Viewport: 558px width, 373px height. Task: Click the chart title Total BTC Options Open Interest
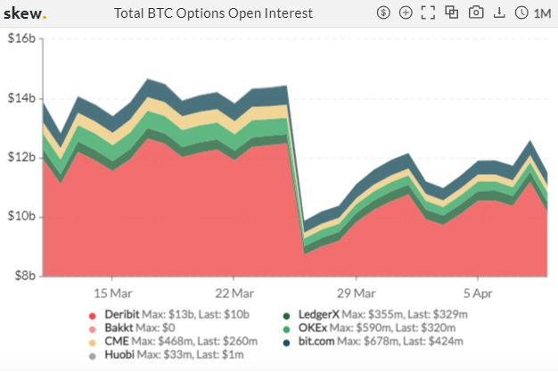(214, 13)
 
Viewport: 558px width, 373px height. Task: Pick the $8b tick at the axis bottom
(23, 276)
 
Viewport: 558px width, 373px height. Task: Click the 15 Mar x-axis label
(113, 293)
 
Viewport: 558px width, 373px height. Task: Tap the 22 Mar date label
(235, 293)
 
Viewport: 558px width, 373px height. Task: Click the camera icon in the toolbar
(476, 13)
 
